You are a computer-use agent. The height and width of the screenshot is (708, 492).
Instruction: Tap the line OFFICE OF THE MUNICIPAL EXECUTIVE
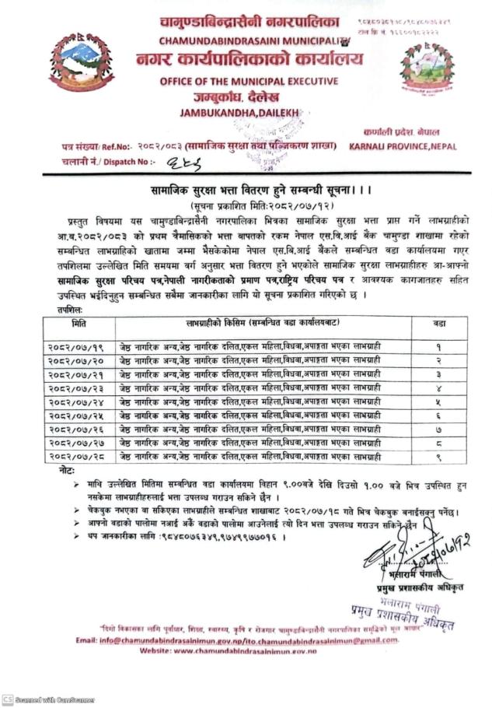point(249,82)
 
